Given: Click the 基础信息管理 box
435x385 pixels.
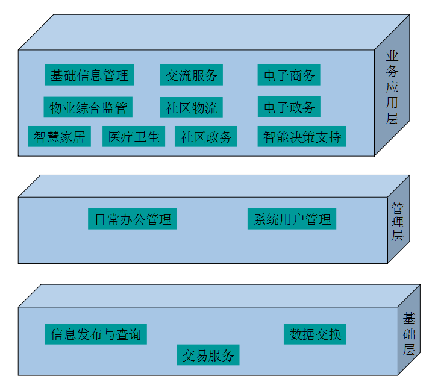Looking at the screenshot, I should point(89,75).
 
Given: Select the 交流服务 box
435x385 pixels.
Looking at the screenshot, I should point(192,75).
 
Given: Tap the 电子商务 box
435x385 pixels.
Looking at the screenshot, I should point(289,75).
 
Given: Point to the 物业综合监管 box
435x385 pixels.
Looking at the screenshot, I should point(88,108).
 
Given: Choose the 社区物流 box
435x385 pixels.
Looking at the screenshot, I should point(192,108).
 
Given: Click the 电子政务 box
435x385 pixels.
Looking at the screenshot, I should point(289,107).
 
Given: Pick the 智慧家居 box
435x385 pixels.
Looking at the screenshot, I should point(59,137).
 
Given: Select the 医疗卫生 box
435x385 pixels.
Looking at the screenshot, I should point(134,137).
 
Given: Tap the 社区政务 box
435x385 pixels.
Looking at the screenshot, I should point(206,137).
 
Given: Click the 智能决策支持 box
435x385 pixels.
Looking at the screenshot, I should point(302,137).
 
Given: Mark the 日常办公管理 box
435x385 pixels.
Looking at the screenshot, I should point(133,219).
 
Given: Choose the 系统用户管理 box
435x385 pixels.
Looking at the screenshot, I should point(292,219).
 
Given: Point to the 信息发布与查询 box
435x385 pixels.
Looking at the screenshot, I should point(96,334).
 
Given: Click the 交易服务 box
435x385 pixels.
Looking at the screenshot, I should point(208,355).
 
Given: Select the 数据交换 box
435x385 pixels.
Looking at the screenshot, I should point(315,334).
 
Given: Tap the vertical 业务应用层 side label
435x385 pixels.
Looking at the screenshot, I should point(392,87).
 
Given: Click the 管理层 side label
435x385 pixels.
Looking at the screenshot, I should point(398,222).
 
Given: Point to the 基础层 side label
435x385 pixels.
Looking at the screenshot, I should point(409,333).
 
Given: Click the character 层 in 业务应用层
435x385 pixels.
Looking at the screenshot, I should point(392,117).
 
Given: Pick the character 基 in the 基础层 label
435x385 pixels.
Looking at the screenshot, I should point(409,318).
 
